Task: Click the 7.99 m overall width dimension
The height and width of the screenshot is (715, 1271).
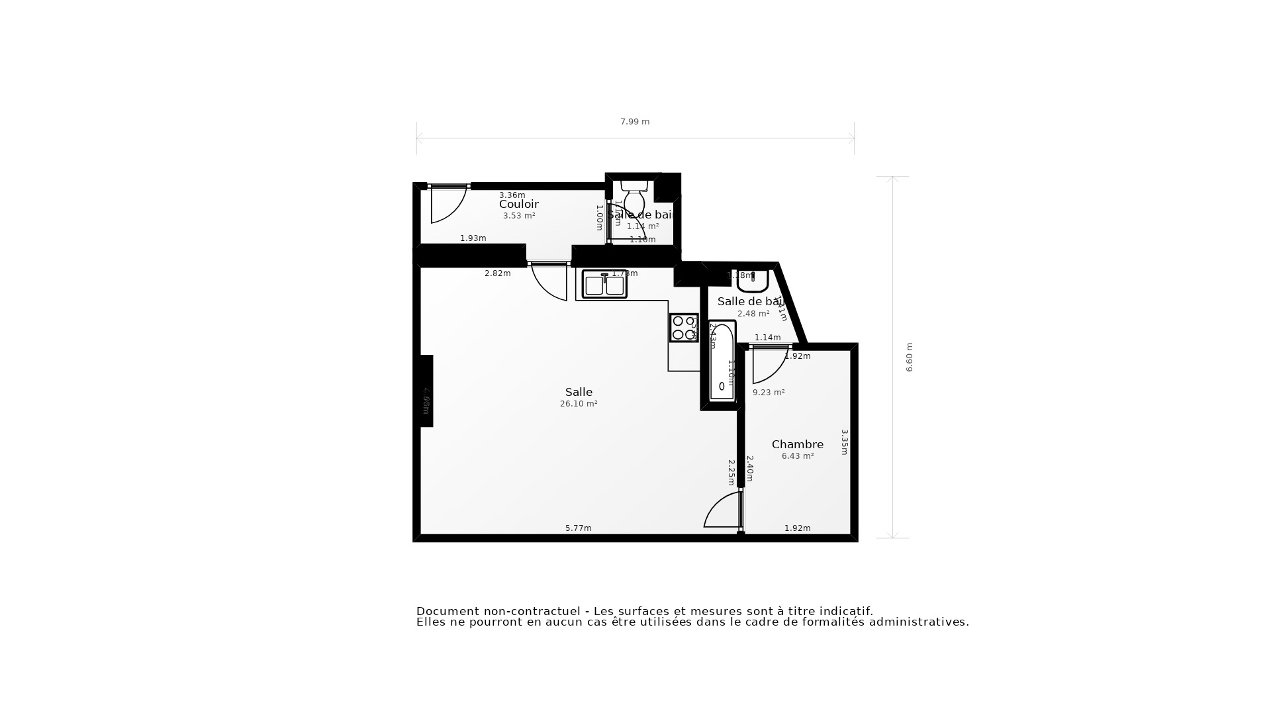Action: pos(634,122)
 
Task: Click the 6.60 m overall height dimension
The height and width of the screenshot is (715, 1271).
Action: pos(909,358)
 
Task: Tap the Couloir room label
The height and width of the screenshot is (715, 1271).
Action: pos(518,204)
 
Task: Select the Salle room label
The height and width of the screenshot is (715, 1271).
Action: pos(579,392)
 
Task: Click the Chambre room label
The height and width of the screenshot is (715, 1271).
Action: pos(797,444)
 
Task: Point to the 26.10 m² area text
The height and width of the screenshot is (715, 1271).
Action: pos(579,404)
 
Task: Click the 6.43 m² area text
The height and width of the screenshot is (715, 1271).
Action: pos(797,456)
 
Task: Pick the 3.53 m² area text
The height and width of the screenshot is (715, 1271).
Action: pos(518,216)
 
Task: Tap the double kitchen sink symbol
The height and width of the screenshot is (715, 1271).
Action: pos(604,284)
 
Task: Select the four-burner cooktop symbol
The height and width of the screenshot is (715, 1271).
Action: pos(684,328)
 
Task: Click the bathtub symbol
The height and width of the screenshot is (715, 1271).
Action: pos(722,361)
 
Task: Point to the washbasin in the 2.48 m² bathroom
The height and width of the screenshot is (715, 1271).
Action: pos(752,281)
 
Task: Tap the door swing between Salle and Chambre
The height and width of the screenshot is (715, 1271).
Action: pos(724,510)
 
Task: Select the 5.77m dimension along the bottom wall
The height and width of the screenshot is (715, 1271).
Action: pos(578,528)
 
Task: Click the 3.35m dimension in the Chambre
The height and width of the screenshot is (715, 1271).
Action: pos(844,442)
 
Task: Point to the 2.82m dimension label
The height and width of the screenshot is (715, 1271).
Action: pos(497,273)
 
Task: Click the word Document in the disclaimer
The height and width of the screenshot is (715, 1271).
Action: pos(447,611)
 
